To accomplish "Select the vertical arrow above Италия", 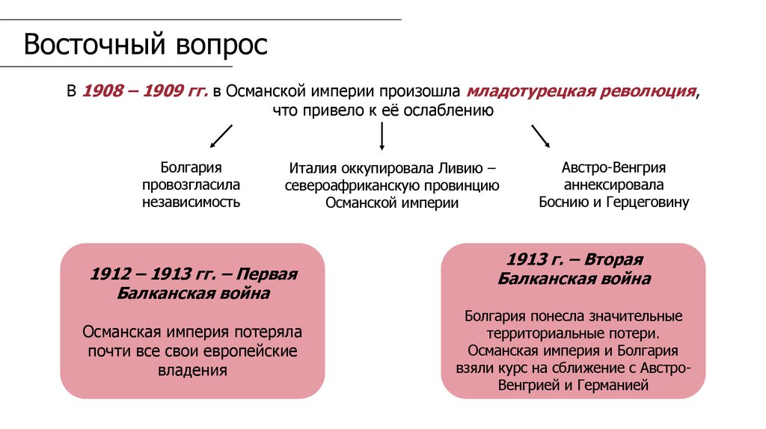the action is pos(382,136).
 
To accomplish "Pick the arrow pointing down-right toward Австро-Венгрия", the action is pos(540,135).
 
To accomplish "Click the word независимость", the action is pos(191,202).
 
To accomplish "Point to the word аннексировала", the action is pos(613,185).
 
